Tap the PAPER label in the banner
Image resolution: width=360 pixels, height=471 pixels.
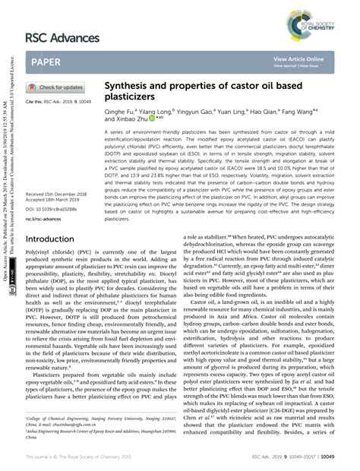46,62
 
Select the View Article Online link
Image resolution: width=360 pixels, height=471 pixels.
298,58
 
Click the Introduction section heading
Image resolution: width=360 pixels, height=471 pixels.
50,239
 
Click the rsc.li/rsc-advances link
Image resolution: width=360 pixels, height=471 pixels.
45,219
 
